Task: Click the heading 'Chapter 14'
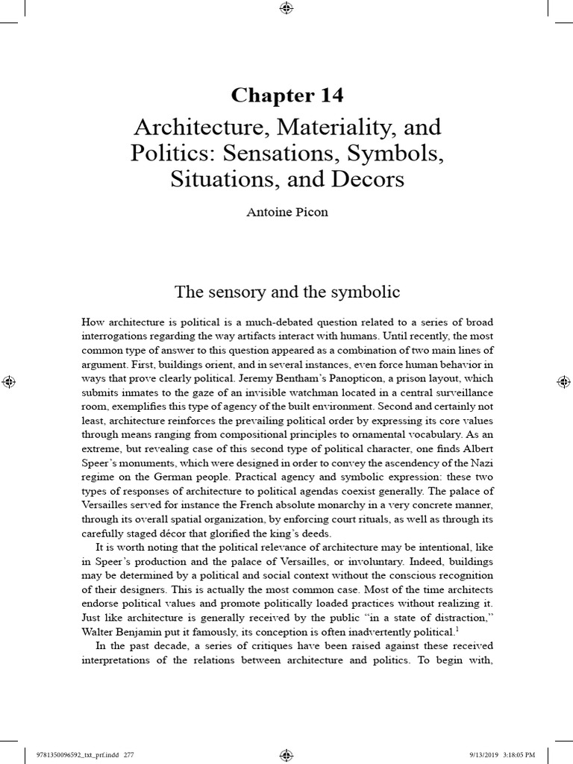pos(286,95)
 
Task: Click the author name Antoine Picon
pos(286,212)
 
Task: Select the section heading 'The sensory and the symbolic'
pos(286,292)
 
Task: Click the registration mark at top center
pos(286,9)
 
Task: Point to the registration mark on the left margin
pos(10,381)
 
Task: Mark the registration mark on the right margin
pos(563,381)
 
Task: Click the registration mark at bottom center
pos(286,754)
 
